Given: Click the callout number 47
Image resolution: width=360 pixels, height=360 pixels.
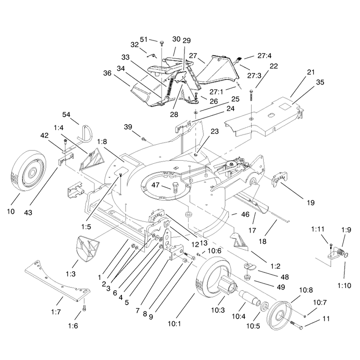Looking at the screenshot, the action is point(155,185).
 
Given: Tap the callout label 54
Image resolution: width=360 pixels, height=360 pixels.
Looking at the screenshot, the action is point(66,114).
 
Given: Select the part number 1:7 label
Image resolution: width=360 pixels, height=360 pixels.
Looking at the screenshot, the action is point(56,312).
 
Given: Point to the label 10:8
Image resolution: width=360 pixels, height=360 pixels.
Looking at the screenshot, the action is point(306,290).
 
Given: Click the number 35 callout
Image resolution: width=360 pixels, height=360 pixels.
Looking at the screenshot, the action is point(320,82).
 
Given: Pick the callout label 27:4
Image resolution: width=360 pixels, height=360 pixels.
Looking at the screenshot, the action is point(265,55).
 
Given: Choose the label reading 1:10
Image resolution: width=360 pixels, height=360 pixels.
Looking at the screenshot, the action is point(344,285).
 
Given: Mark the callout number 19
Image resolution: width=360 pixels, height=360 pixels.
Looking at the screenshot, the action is point(310,202).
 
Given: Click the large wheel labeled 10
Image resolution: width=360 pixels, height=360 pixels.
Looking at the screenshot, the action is point(28,171).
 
